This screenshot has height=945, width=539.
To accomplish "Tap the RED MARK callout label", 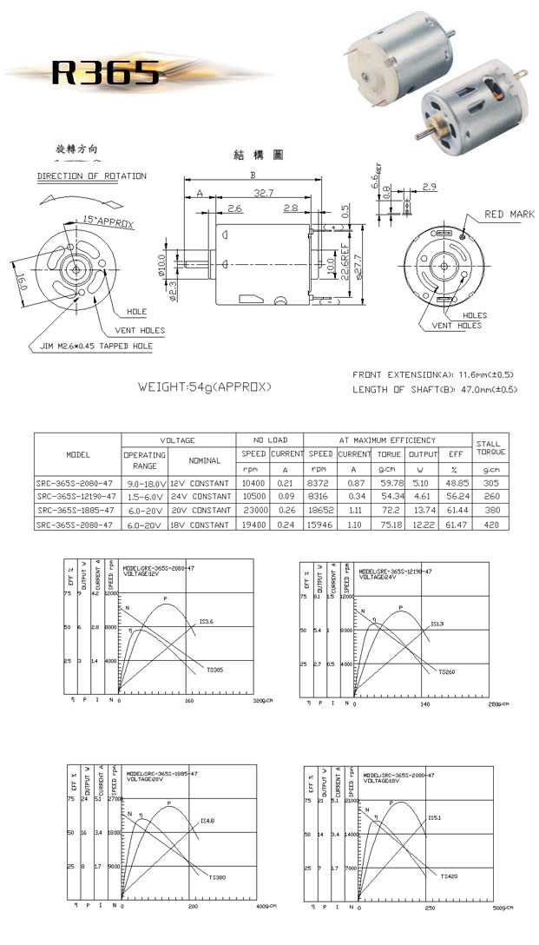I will (509, 215).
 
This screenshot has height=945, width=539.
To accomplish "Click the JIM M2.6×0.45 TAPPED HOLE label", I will (96, 345).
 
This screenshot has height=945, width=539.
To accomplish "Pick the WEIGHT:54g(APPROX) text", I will (205, 386).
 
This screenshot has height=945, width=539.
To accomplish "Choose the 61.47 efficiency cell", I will (455, 525).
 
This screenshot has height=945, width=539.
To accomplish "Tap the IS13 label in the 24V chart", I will (437, 624).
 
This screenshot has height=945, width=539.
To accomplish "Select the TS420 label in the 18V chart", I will (449, 876).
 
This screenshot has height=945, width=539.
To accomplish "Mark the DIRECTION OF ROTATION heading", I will (91, 176).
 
